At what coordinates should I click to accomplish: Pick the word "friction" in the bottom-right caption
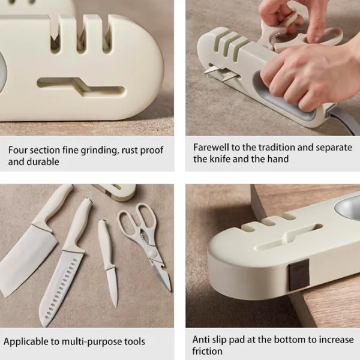pyautogui.click(x=208, y=351)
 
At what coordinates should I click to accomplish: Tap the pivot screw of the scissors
pyautogui.click(x=151, y=253)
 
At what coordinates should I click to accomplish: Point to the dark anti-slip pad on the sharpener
pyautogui.click(x=299, y=274)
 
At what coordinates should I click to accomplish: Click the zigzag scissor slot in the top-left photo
pyautogui.click(x=81, y=87)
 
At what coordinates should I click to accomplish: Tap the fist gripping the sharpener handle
pyautogui.click(x=305, y=76)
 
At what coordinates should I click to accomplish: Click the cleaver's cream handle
pyautogui.click(x=53, y=206)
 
